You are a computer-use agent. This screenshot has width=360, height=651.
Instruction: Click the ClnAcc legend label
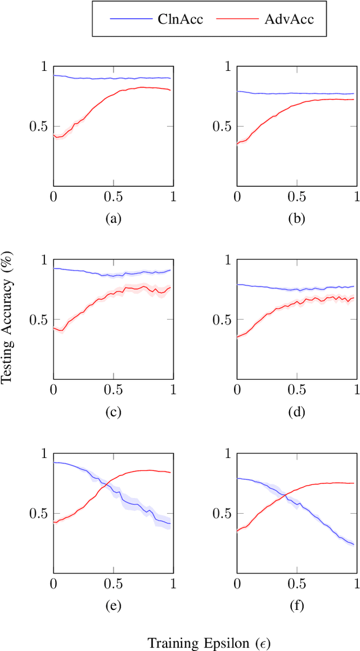[x=177, y=19]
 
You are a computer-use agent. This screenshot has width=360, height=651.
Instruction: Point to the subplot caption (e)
[x=113, y=605]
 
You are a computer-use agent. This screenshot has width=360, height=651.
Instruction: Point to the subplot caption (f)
[x=296, y=605]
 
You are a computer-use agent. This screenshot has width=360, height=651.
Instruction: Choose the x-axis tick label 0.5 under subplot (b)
[x=296, y=197]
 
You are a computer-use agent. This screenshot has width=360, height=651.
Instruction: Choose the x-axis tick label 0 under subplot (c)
[x=53, y=390]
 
